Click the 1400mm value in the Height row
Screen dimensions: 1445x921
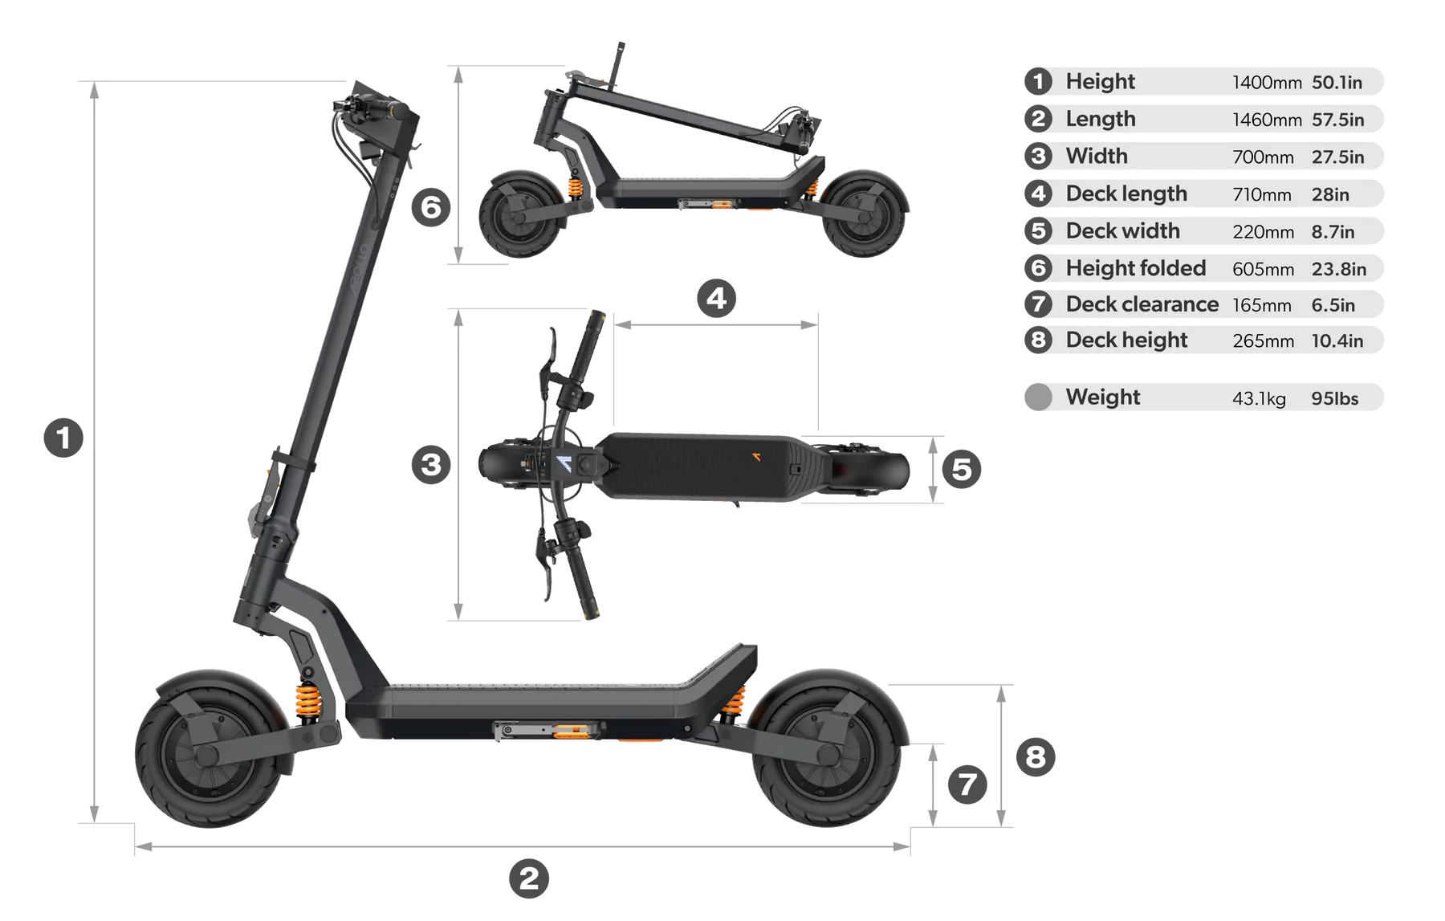[1267, 83]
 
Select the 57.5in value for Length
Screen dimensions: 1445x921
[1337, 120]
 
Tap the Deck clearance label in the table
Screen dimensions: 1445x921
[1142, 304]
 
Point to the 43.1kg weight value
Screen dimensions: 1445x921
[1259, 398]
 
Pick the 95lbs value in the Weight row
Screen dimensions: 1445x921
[1335, 398]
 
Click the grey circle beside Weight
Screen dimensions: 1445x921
[1038, 397]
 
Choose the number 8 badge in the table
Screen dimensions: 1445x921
[1038, 340]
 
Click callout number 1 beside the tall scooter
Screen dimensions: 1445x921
[63, 438]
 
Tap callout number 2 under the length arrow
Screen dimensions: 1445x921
[529, 878]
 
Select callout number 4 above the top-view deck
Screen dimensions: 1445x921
[716, 298]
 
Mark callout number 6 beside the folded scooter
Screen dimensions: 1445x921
[431, 207]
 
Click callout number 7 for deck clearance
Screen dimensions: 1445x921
[967, 784]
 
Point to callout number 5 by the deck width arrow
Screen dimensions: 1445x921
[962, 469]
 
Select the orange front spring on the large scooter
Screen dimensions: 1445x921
[308, 701]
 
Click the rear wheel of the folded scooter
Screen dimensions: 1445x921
[864, 214]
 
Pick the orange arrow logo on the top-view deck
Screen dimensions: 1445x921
[755, 457]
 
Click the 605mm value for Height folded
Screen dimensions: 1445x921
[1263, 269]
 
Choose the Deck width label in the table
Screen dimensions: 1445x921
[1122, 230]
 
